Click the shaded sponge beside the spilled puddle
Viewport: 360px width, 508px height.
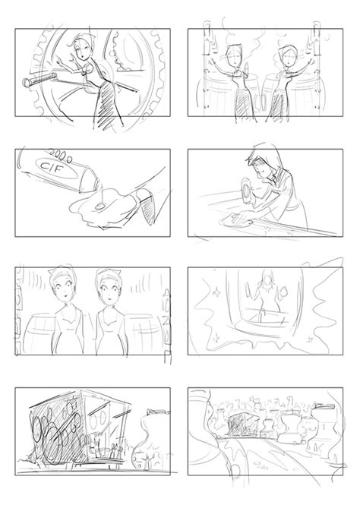146,207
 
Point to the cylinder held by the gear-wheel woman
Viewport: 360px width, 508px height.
39,79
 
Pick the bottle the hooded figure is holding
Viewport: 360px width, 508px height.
248,192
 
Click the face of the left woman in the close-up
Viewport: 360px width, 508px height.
63,287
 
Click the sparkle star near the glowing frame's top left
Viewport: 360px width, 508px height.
215,292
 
